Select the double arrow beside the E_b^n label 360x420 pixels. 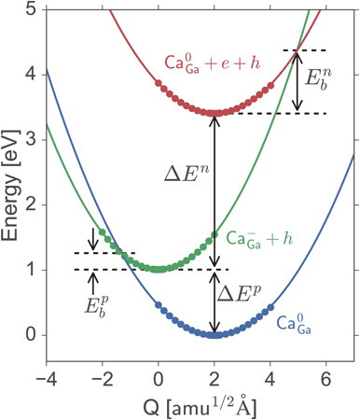(x=298, y=81)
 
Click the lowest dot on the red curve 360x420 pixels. (x=215, y=113)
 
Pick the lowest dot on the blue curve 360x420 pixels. (x=215, y=334)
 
